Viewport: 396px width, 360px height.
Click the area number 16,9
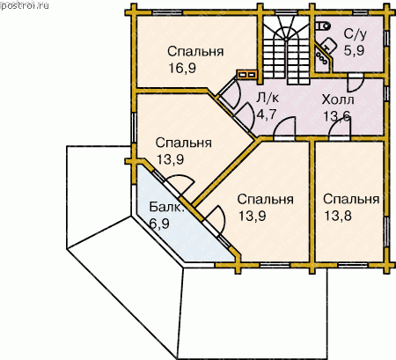182,69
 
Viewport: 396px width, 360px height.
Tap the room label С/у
355,34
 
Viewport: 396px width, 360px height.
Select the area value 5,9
354,50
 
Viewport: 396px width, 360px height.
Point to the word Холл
338,99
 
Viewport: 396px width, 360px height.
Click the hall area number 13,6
337,116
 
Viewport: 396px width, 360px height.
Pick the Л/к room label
268,98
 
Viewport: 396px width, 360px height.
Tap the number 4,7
267,114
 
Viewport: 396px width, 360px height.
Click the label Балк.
166,207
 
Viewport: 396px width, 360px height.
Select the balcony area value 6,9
159,224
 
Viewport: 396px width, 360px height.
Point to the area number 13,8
338,216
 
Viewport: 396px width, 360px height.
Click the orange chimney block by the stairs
247,75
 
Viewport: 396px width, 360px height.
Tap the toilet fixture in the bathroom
323,26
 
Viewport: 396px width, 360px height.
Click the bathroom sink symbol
328,46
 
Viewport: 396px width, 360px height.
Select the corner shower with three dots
323,58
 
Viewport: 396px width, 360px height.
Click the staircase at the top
286,49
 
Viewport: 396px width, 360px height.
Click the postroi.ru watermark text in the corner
25,5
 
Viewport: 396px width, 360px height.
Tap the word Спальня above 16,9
195,51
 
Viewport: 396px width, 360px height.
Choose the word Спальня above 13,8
351,199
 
